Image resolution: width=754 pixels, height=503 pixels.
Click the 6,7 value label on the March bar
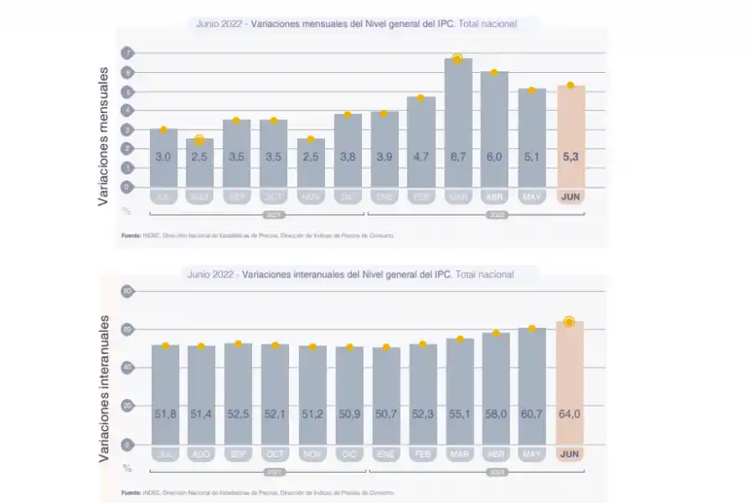coord(457,157)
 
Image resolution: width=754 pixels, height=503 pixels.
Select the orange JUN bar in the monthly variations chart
coord(571,138)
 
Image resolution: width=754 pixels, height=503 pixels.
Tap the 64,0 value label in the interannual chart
coord(570,414)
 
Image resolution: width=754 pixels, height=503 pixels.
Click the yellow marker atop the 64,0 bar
coord(570,322)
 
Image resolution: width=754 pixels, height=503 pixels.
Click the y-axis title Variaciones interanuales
coord(105,387)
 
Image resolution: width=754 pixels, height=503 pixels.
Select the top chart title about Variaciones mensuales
coord(357,24)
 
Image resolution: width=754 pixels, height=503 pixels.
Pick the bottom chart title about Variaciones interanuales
coord(351,274)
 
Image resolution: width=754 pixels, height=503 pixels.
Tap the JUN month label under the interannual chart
coord(570,454)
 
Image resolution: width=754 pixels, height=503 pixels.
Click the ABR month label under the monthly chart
coord(494,197)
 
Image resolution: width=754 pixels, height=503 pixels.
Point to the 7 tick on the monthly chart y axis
coord(128,53)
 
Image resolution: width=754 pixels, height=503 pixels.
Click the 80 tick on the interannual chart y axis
coord(128,291)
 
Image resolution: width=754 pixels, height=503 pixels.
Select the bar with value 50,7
coord(386,394)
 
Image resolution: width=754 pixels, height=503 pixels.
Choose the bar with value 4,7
coord(421,143)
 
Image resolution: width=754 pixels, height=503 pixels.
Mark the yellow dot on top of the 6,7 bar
coord(457,59)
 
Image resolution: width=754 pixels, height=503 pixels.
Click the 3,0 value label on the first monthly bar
coord(163,157)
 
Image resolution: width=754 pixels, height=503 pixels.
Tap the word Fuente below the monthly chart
coord(131,236)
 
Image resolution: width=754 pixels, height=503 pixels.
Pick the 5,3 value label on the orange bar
coord(571,157)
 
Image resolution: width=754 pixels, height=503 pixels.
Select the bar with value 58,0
coord(496,387)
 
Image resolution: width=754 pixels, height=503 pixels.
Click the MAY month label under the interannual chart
coord(532,454)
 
